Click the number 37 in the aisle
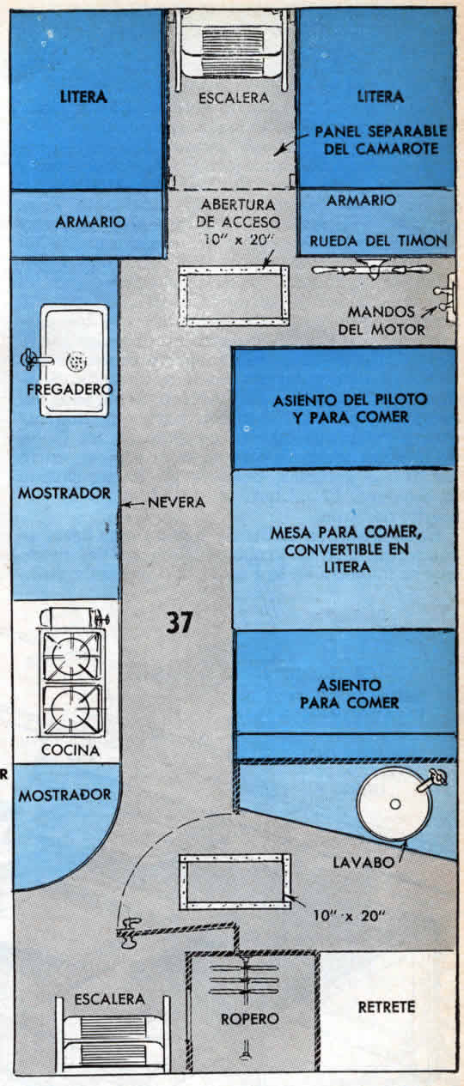(179, 622)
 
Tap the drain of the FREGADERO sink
(76, 361)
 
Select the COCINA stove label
(70, 750)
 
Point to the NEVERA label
(176, 502)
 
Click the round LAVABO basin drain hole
(395, 804)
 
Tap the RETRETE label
(387, 1007)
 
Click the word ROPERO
(249, 1019)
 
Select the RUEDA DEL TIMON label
(378, 240)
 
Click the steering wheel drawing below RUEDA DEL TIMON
(371, 269)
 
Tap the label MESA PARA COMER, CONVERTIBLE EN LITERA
(346, 549)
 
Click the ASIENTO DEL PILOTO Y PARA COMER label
(350, 409)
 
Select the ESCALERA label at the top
(234, 98)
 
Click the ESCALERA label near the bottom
(109, 998)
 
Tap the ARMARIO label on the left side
(90, 221)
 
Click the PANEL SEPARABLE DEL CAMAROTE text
(381, 140)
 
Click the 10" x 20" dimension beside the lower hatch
(349, 915)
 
